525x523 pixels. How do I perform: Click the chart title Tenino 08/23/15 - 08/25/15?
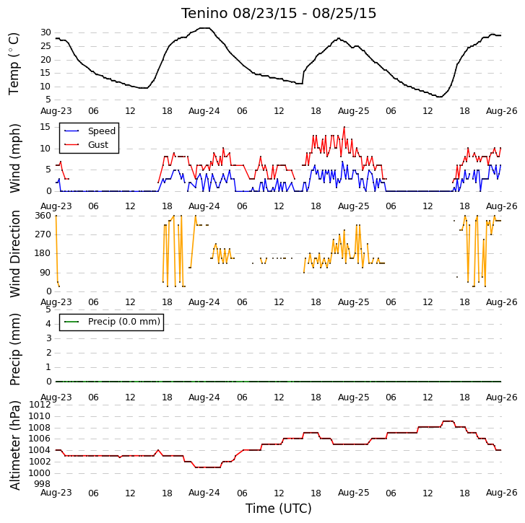tap(279, 14)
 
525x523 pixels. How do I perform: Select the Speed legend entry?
tap(90, 131)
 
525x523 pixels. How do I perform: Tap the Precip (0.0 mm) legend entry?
tap(112, 322)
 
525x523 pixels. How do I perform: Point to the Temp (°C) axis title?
tap(14, 63)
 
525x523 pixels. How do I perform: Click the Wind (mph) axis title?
tap(14, 158)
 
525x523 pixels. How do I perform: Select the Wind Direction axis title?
tap(14, 254)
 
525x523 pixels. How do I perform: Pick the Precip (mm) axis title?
tap(14, 349)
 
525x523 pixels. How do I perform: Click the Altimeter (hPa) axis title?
tap(14, 445)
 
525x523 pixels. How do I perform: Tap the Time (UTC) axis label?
tap(279, 509)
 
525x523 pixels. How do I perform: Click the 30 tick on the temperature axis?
tap(46, 32)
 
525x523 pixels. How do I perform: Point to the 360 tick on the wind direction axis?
tap(43, 216)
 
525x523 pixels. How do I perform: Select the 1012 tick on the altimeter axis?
tap(40, 405)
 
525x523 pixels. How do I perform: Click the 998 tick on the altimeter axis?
tap(43, 484)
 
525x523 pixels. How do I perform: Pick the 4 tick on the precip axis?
tap(48, 324)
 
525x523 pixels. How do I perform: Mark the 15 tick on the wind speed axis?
tap(45, 127)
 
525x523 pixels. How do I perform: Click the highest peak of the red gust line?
tap(344, 128)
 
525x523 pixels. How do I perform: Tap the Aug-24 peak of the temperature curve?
tap(205, 28)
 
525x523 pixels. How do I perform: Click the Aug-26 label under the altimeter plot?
tap(502, 493)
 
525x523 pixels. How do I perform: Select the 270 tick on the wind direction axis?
tap(43, 234)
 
